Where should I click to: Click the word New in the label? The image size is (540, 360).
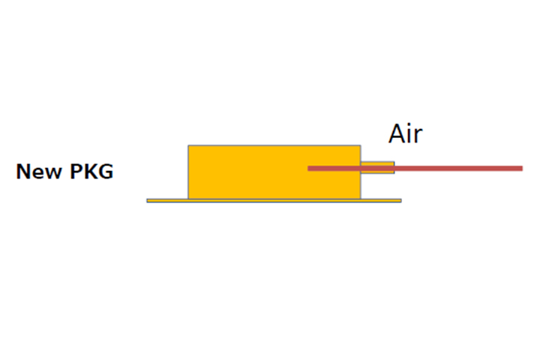pyautogui.click(x=39, y=171)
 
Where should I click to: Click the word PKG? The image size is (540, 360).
pyautogui.click(x=91, y=171)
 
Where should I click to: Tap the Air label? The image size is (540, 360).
pyautogui.click(x=405, y=133)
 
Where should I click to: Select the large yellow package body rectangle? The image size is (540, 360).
pyautogui.click(x=274, y=172)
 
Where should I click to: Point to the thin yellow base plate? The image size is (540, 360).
pyautogui.click(x=274, y=200)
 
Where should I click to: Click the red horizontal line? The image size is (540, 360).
pyautogui.click(x=415, y=169)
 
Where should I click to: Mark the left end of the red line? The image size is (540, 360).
pyautogui.click(x=308, y=169)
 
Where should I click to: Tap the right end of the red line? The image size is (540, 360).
pyautogui.click(x=523, y=169)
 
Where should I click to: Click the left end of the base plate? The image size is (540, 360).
pyautogui.click(x=147, y=200)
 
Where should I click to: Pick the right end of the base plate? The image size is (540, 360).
pyautogui.click(x=401, y=200)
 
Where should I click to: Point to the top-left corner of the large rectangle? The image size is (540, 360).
pyautogui.click(x=188, y=145)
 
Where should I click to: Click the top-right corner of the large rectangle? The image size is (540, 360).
pyautogui.click(x=361, y=145)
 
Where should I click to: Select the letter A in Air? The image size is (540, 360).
pyautogui.click(x=397, y=133)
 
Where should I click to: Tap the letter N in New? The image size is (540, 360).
pyautogui.click(x=23, y=171)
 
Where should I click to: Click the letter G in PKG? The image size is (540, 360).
pyautogui.click(x=106, y=171)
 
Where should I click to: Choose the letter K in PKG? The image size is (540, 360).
pyautogui.click(x=91, y=171)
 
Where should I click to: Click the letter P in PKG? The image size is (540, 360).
pyautogui.click(x=76, y=171)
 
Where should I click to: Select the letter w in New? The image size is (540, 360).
pyautogui.click(x=53, y=173)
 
